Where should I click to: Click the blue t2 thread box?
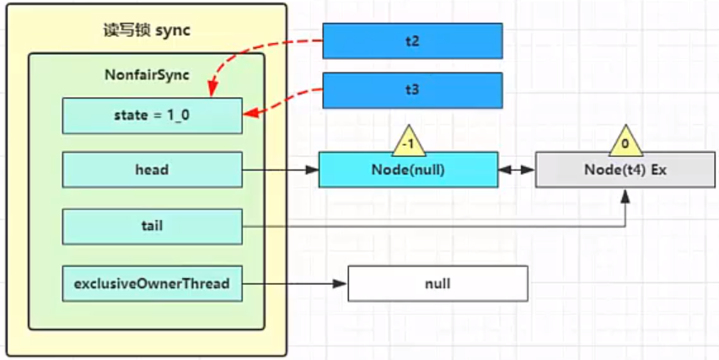(x=413, y=40)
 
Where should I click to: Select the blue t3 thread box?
(x=413, y=90)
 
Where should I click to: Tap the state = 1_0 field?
(x=153, y=116)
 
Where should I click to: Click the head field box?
(x=153, y=169)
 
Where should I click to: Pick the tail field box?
(x=153, y=226)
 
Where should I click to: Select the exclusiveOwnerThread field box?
(x=153, y=283)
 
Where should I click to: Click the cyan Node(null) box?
(x=408, y=169)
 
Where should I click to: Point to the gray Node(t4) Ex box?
(x=625, y=169)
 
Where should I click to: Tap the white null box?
(x=438, y=283)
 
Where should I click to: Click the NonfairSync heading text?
(x=147, y=75)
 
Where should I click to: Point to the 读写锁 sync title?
(x=147, y=30)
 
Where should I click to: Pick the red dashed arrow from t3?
(x=287, y=101)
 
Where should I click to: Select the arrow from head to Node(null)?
(x=281, y=169)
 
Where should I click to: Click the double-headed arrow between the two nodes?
(x=517, y=169)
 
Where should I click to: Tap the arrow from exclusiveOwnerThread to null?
(x=294, y=284)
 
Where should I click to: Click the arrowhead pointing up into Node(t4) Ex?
(x=625, y=195)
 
